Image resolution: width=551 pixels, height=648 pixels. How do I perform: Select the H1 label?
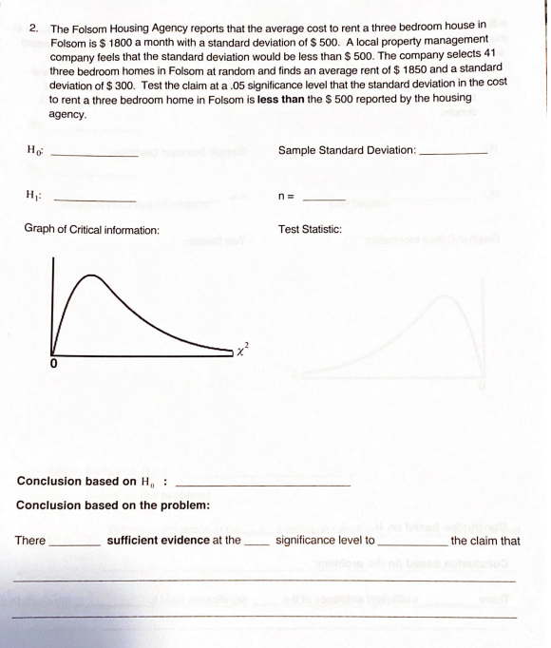pyautogui.click(x=33, y=196)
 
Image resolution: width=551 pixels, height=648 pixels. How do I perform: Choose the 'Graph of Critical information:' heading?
pyautogui.click(x=91, y=231)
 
